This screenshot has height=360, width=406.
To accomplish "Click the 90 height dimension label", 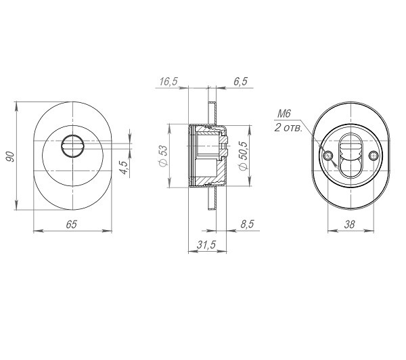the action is click(10, 156).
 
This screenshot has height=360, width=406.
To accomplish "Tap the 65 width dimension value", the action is click(72, 224).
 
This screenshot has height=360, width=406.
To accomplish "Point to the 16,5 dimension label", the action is click(168, 81).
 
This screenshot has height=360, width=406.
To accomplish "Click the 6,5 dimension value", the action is click(240, 81).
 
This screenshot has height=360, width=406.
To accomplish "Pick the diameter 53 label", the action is click(164, 156).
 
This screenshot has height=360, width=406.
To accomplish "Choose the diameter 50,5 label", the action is click(244, 156).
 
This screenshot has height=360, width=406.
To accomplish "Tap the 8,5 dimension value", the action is click(247, 224).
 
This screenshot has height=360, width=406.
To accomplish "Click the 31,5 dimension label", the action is click(206, 244).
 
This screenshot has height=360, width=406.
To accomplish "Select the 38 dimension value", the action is click(349, 224).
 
